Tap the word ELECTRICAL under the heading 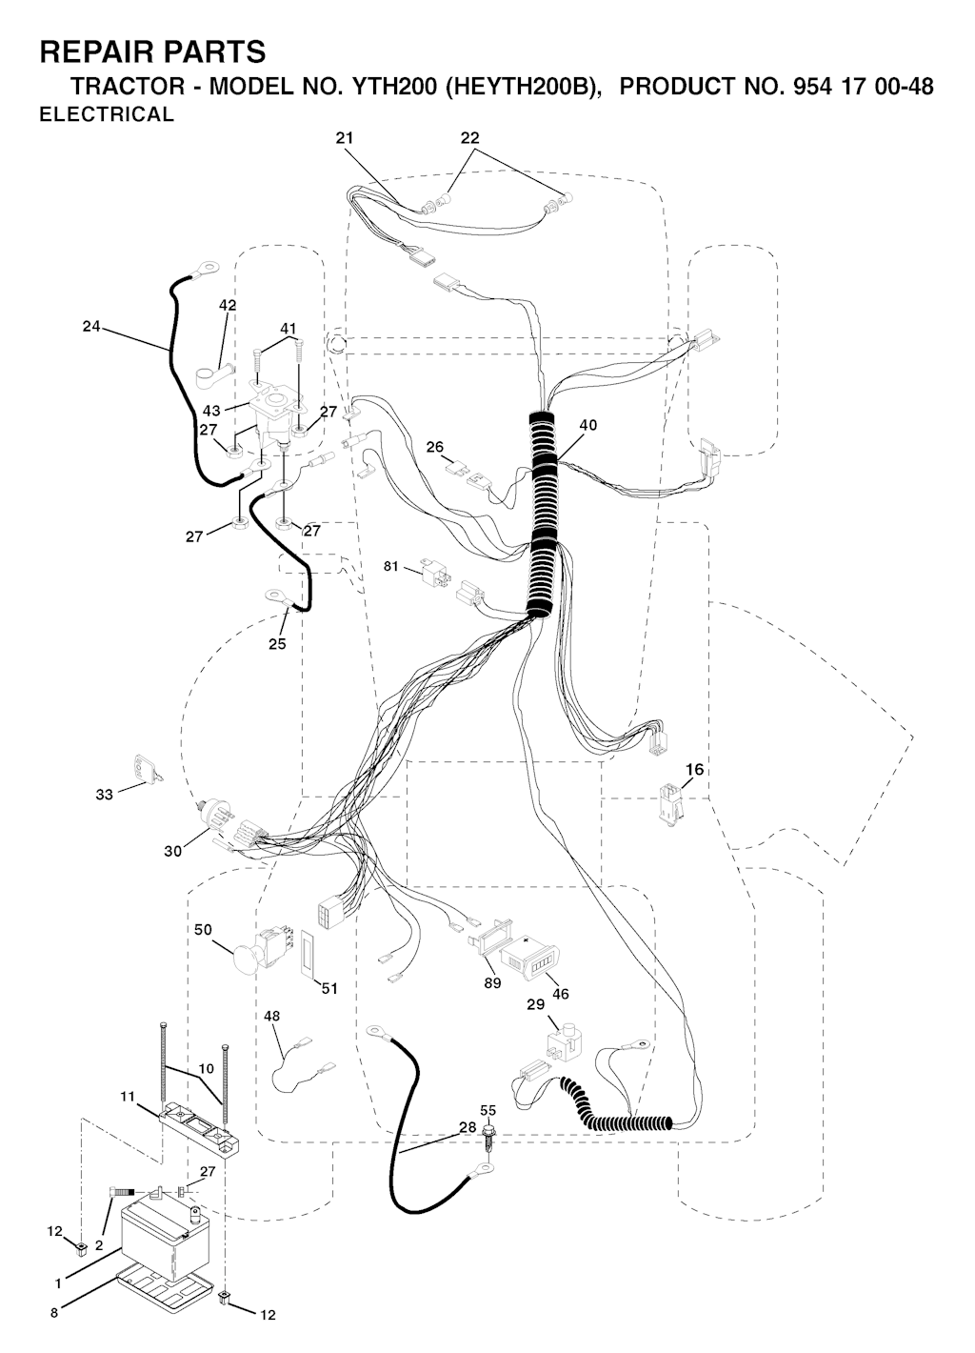107,114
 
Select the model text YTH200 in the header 394,87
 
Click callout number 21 345,138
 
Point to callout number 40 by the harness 588,425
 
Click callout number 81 391,567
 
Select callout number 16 695,770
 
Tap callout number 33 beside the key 105,795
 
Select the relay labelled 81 437,572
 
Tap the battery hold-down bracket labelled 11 199,1127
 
